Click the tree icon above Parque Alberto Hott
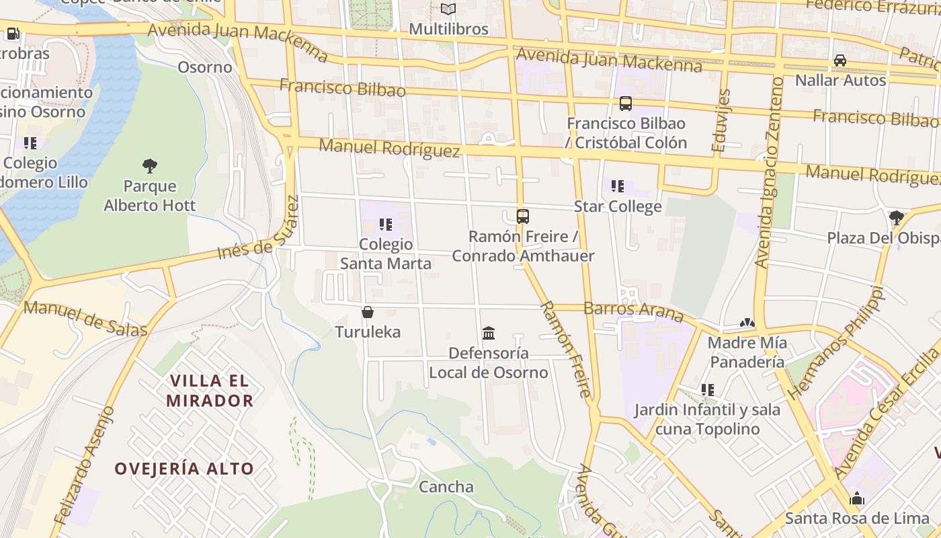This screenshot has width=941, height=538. tap(150, 165)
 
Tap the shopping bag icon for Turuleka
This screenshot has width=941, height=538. tap(368, 312)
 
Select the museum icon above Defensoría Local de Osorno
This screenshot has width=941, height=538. tap(489, 333)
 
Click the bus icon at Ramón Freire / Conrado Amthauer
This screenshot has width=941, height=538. tap(523, 217)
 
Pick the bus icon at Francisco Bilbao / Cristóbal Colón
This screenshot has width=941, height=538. tap(626, 104)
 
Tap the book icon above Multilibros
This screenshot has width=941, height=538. tap(448, 9)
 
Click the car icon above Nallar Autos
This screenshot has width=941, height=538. tap(840, 61)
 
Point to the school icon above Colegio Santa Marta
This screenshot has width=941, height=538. tap(385, 225)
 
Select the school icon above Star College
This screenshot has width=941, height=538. tap(618, 186)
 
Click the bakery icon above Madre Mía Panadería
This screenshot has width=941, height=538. tap(747, 323)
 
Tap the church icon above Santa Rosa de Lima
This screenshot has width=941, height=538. tap(856, 498)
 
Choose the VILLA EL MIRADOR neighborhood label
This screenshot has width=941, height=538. tap(209, 391)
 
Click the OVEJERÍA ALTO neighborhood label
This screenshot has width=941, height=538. tap(184, 469)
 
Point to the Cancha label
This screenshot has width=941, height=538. tap(446, 486)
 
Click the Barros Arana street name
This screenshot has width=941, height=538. tap(634, 311)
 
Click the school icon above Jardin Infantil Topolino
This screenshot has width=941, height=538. tap(707, 389)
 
